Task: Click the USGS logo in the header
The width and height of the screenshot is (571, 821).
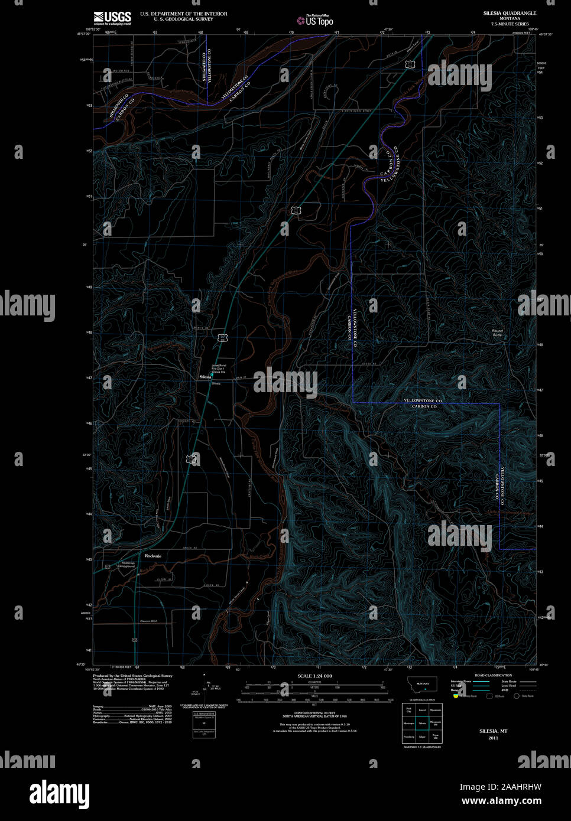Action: (112, 18)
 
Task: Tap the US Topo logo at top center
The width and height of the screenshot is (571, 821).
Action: (315, 21)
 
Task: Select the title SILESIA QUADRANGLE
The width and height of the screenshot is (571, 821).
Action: (509, 13)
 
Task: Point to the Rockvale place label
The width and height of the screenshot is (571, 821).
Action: (153, 556)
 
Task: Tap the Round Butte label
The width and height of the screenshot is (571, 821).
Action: (497, 333)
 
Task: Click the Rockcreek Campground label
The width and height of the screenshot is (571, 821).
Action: (129, 564)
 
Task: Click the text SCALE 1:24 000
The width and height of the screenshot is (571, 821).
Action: (314, 676)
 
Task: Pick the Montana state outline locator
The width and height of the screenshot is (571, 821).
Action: (422, 684)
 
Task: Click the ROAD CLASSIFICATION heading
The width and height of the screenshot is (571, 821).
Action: (493, 675)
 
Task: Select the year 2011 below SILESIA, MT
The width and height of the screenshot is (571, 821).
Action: (493, 738)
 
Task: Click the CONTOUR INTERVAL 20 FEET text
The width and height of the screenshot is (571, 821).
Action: (314, 713)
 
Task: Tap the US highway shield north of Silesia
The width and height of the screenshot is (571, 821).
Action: (222, 337)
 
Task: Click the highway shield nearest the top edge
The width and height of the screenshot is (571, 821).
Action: (417, 64)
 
